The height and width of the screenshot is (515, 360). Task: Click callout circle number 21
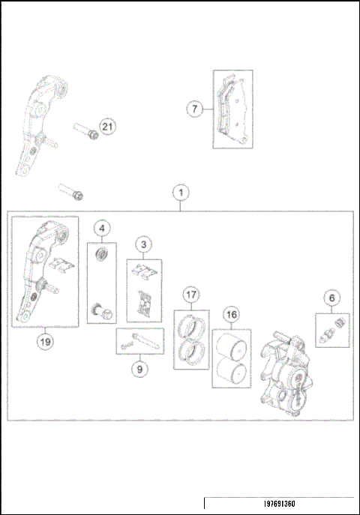107,127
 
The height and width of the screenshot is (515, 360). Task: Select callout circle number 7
195,109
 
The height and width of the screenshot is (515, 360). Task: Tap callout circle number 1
180,192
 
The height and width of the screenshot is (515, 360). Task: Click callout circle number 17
191,295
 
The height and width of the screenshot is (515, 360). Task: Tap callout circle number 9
138,368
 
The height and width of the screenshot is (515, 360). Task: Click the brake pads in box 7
232,110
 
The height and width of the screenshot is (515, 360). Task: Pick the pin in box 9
139,341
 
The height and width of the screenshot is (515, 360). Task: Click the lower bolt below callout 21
71,193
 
